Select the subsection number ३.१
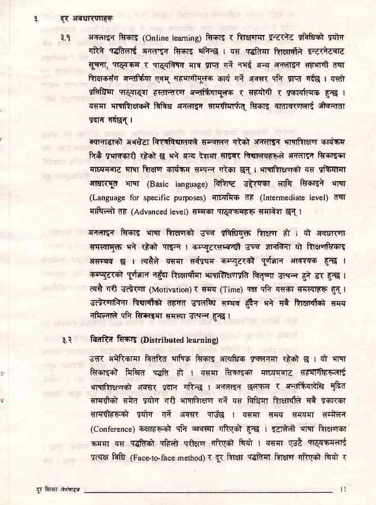click(66, 37)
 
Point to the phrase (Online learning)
click(160, 37)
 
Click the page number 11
click(344, 490)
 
